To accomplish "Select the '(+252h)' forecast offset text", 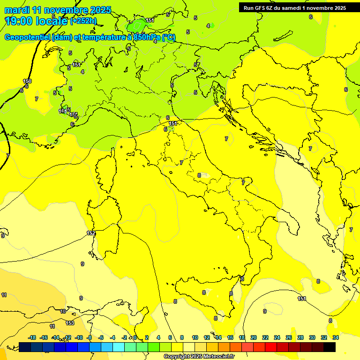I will click(83, 21).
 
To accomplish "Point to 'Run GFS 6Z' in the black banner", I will click(258, 8).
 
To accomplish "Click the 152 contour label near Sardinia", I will click(91, 233).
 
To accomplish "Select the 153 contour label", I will click(70, 323).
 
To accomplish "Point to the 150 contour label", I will click(27, 81).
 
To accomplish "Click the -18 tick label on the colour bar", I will click(32, 337).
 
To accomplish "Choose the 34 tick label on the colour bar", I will click(335, 337).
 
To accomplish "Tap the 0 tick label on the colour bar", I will click(135, 337).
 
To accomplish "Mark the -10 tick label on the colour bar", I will click(79, 337).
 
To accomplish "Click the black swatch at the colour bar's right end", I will click(330, 347).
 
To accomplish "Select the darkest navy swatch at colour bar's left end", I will click(25, 347).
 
